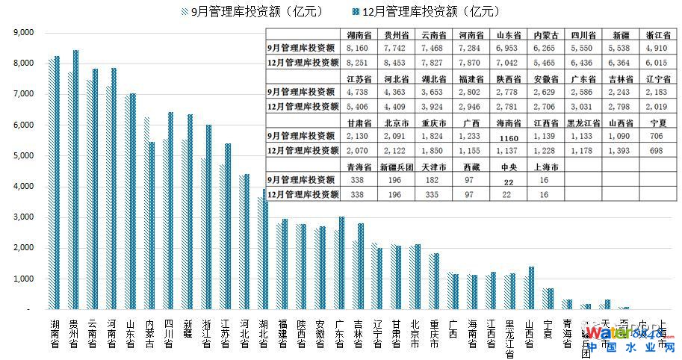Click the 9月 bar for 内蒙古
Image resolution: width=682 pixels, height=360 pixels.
pyautogui.click(x=146, y=213)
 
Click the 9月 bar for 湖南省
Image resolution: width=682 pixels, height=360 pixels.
pyautogui.click(x=51, y=184)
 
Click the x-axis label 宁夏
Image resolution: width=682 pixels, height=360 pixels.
pyautogui.click(x=548, y=329)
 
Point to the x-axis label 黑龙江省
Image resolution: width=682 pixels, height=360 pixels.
pyautogui.click(x=509, y=338)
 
